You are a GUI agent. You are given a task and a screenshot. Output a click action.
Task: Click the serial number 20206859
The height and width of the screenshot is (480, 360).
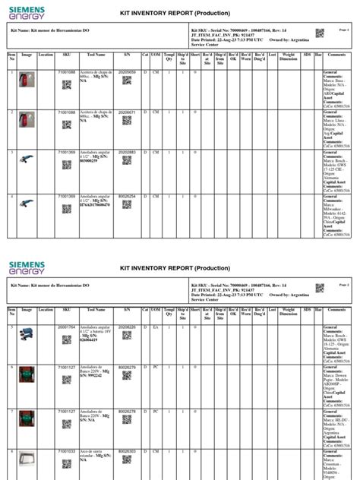coord(127,71)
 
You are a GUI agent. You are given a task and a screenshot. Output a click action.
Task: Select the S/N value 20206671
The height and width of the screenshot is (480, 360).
coord(127,112)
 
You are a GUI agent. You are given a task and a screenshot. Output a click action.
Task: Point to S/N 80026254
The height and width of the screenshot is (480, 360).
coord(127,196)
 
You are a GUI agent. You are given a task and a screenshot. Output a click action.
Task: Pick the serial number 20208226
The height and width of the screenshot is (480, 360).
coord(127,327)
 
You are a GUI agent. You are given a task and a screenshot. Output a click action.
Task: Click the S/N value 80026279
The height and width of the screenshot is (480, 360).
coord(127,368)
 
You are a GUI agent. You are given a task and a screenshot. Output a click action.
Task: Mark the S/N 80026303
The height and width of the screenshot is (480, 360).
coord(127,451)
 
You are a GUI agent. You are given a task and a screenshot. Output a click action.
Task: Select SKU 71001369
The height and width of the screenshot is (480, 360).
coord(67,196)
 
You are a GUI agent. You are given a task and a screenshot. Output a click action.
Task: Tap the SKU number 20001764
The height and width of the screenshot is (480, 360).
coord(67,327)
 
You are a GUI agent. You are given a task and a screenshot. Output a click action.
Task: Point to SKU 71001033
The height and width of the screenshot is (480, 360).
coord(67,451)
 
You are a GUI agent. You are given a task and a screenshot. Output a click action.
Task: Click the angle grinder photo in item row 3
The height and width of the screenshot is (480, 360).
coord(27,161)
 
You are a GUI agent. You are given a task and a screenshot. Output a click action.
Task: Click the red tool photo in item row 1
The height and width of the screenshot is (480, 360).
coord(27,81)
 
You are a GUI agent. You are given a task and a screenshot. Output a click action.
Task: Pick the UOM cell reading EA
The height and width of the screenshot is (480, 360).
coord(156,327)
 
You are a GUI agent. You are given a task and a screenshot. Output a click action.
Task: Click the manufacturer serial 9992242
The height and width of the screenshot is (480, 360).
coord(96,375)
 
